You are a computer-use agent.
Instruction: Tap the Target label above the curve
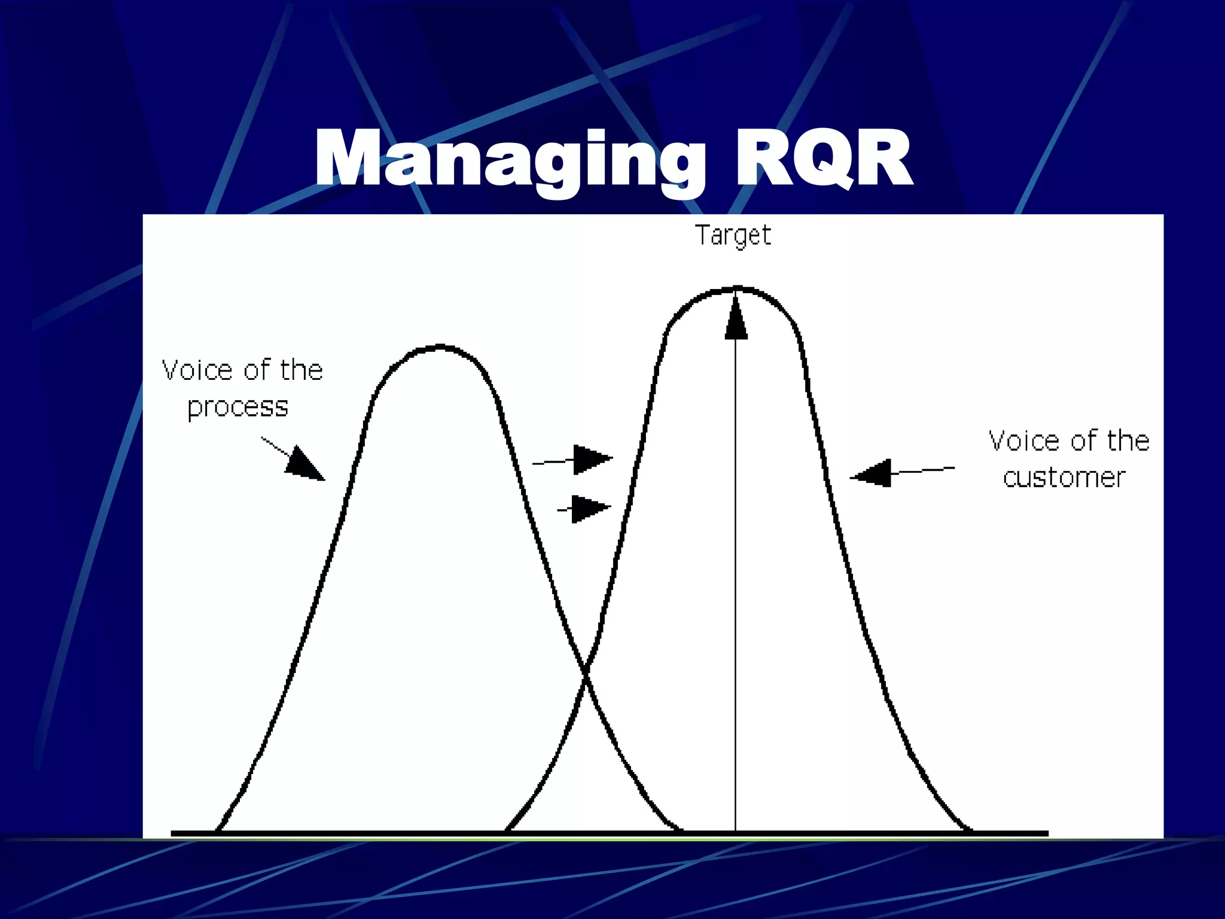[733, 235]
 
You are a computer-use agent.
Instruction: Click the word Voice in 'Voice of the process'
[197, 370]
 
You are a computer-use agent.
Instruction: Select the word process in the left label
[237, 407]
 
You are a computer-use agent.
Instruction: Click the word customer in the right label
[1064, 478]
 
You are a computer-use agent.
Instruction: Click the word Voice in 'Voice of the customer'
[1025, 441]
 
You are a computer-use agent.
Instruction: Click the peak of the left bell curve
[440, 346]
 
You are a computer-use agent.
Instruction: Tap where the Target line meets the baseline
[736, 832]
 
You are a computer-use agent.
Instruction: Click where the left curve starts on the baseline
[217, 830]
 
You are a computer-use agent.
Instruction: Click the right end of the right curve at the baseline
[969, 830]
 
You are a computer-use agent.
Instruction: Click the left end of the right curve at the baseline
[507, 830]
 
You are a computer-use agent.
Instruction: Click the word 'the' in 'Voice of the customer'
[1128, 441]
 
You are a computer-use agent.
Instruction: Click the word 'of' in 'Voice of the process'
[257, 370]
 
